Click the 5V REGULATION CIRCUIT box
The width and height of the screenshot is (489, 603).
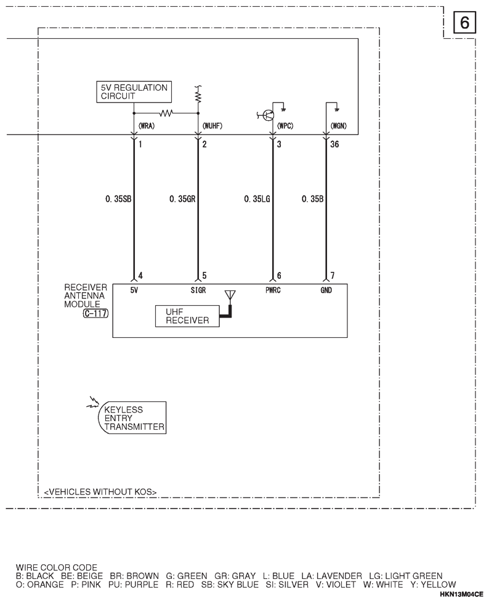134,92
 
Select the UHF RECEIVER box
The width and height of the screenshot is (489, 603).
187,316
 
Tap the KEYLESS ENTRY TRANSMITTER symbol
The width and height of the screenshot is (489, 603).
134,418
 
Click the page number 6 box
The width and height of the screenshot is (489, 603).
464,22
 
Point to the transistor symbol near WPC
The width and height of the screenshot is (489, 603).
268,115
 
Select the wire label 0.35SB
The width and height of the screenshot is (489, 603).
118,199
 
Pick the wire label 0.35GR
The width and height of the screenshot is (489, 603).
182,199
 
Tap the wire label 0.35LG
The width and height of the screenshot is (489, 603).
257,199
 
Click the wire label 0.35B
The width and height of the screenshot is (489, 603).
312,199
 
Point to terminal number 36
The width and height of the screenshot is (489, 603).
334,144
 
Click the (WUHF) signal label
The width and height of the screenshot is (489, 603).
212,126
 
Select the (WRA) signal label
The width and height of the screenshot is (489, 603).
147,126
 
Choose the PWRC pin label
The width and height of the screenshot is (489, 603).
273,290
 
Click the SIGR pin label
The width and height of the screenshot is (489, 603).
198,290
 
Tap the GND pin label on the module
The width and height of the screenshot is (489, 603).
326,290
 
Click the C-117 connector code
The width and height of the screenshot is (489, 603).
95,313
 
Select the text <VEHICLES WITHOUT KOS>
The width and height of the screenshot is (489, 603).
100,492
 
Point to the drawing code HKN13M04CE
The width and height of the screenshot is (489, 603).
461,594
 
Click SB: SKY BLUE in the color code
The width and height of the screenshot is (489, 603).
230,585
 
